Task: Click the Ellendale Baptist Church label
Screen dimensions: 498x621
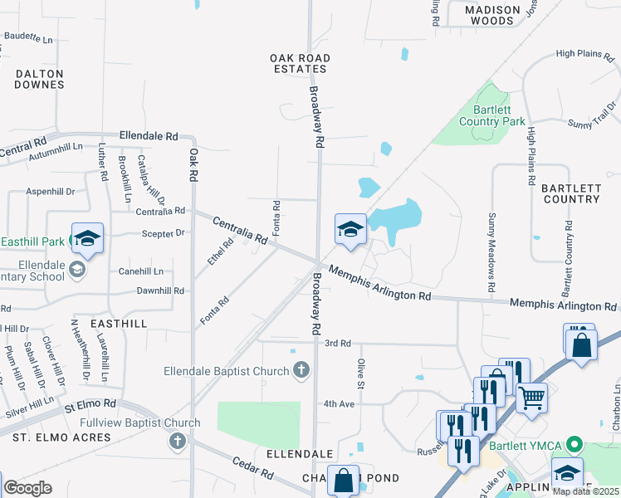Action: pos(226,370)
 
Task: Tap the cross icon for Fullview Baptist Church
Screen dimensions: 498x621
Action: pos(177,441)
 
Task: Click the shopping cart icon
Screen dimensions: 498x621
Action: pos(531,397)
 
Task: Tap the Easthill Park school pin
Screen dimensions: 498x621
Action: pos(87,239)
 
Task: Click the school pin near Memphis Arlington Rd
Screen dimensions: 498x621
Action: pos(350,229)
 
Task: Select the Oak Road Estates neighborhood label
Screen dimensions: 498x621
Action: pos(301,63)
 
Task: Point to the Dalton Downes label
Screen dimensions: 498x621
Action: pos(39,79)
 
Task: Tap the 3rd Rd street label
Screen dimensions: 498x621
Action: pos(338,343)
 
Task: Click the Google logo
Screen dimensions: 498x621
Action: pos(27,488)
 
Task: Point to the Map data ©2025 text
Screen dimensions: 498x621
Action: pos(585,491)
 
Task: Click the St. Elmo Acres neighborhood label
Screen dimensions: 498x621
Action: pos(61,437)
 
